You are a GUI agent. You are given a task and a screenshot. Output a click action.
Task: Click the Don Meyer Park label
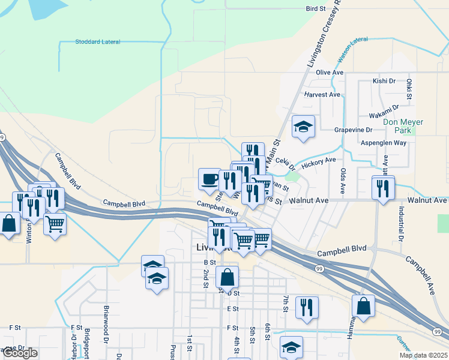click(x=403, y=125)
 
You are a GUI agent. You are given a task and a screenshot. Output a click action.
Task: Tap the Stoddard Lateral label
click(x=98, y=42)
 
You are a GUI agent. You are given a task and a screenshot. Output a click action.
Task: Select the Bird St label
click(x=315, y=9)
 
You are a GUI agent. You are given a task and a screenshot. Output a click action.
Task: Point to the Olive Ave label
click(x=330, y=73)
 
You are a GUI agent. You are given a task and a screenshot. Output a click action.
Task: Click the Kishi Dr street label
click(x=384, y=80)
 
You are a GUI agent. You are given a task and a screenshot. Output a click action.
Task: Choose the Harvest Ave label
click(x=322, y=95)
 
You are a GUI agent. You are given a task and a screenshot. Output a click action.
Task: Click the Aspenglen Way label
click(x=383, y=143)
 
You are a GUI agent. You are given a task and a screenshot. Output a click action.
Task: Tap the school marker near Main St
click(x=304, y=126)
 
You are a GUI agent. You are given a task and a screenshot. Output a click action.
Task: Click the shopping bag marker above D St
click(x=227, y=277)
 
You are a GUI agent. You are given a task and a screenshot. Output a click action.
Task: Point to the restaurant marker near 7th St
click(x=307, y=307)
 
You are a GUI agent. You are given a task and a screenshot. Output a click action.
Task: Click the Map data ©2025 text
click(x=423, y=355)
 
